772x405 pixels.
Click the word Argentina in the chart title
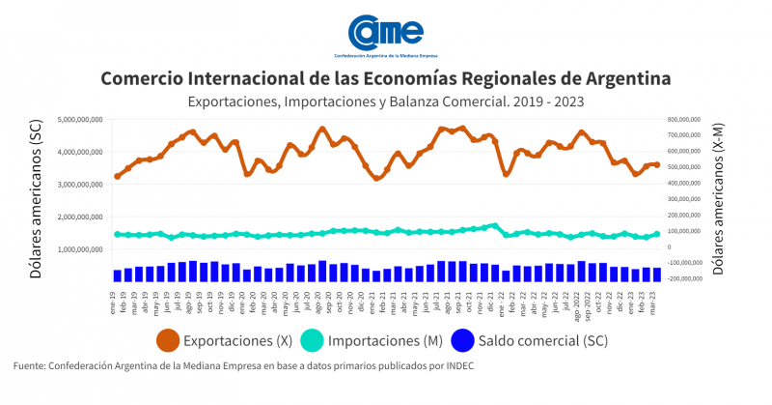617,77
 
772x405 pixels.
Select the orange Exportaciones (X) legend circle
168,340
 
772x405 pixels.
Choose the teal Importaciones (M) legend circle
313,340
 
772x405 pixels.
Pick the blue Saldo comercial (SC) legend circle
464,340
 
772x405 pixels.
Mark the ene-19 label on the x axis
115,297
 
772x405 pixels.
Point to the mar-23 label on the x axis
656,298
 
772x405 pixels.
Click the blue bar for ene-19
117,275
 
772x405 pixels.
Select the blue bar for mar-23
657,275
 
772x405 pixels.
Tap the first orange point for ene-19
117,176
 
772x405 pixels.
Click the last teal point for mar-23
657,233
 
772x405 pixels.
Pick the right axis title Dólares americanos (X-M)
719,200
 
